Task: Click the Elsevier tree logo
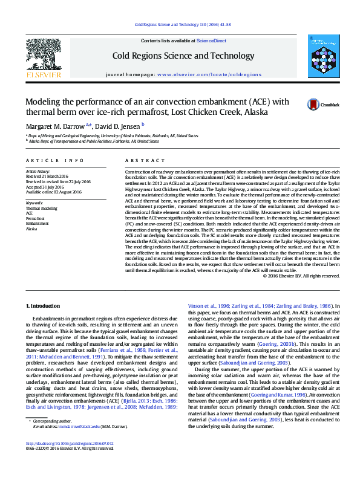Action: pos(43,58)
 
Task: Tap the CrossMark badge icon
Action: pos(315,104)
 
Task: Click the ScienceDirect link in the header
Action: pos(211,41)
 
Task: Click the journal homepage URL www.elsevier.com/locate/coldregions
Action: pos(209,74)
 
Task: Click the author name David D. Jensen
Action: pos(117,126)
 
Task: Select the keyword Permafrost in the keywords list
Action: pos(35,218)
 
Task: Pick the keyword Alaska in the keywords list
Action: pos(31,229)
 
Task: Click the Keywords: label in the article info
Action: pos(34,203)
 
